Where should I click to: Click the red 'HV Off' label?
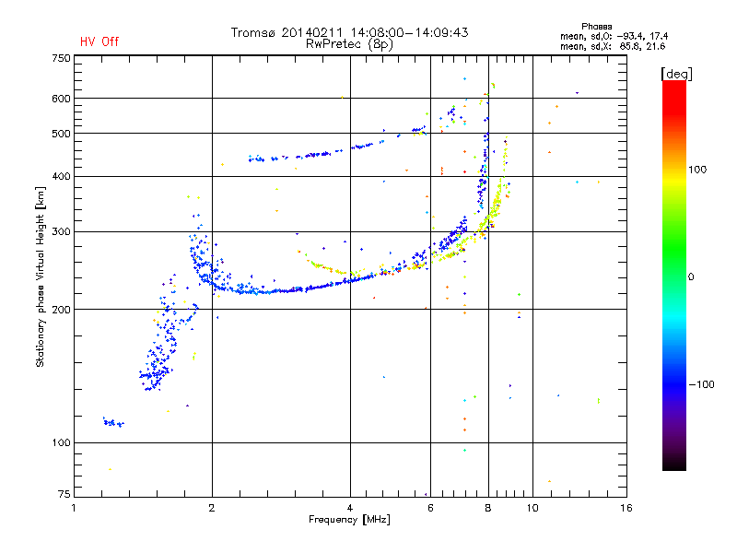[x=99, y=41]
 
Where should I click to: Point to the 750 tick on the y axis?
[x=62, y=58]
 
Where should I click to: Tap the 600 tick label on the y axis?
[x=62, y=99]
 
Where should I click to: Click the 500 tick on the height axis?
[x=62, y=134]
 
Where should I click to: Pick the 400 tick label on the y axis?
[x=62, y=176]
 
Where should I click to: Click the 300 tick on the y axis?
[x=62, y=231]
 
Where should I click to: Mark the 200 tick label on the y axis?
[x=62, y=310]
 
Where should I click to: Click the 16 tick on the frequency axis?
[x=626, y=508]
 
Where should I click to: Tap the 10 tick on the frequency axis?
[x=532, y=508]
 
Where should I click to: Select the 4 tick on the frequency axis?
[x=350, y=508]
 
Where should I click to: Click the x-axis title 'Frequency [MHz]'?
[x=349, y=520]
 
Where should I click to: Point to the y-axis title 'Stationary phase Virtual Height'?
[x=41, y=276]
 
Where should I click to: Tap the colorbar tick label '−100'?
[x=702, y=384]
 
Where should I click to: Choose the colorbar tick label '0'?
[x=693, y=276]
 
